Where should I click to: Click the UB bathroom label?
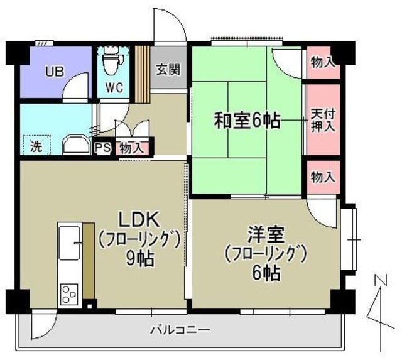tap(53, 71)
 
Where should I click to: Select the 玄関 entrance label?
tap(168, 68)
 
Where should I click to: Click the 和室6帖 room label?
tap(247, 120)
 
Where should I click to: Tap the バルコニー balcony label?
tap(180, 329)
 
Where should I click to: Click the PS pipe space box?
tap(102, 149)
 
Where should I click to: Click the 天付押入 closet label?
tap(323, 119)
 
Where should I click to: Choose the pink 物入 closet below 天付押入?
tap(323, 177)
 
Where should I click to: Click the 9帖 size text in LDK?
tap(140, 258)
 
